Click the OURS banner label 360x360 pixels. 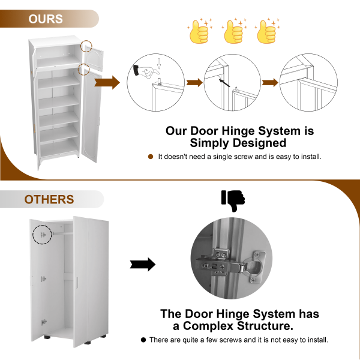coord(46,19)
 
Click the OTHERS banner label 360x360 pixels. coord(49,199)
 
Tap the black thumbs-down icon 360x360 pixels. coord(233,201)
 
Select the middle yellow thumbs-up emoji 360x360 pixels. coord(234,31)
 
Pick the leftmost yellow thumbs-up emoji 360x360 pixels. coord(200,31)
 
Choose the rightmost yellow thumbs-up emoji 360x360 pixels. coord(267,31)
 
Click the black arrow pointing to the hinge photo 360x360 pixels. coord(143,265)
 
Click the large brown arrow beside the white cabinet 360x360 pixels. coord(107,82)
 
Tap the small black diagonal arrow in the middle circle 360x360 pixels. coord(224,83)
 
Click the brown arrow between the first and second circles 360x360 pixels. coord(194,83)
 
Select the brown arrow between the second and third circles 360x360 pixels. coord(270,83)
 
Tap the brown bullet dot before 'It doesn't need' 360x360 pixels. coord(151,157)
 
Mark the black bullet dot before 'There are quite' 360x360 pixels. coord(143,340)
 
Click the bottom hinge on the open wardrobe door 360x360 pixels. coord(44,322)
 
